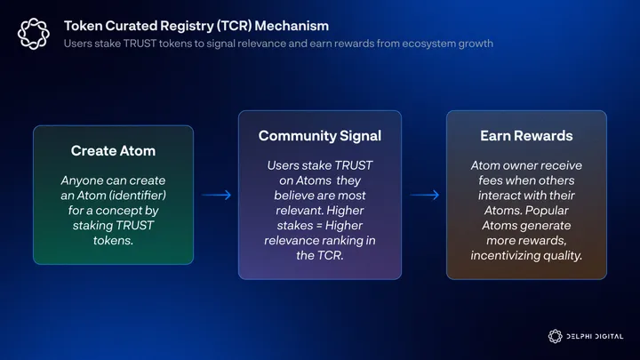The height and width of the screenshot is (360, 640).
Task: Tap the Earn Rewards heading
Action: coord(526,135)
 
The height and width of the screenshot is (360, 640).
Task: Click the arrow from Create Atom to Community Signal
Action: coord(216,195)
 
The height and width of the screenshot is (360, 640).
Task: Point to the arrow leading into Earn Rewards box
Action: coord(424,195)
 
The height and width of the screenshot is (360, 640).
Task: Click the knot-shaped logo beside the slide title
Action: coord(34,34)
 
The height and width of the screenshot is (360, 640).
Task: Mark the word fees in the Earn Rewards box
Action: coord(490,180)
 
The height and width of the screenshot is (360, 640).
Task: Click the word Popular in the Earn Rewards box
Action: coord(562,211)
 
